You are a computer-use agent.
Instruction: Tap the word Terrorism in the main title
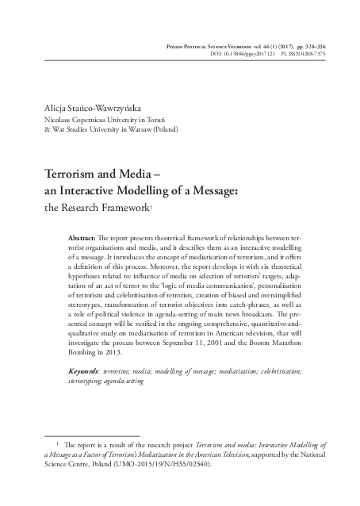click(x=70, y=174)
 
